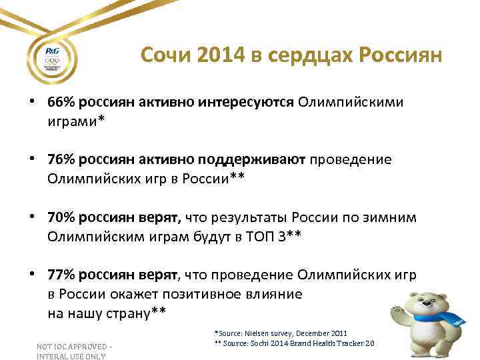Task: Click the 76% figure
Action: tap(60, 160)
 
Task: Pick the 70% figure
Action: tap(60, 217)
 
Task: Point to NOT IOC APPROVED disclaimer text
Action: tap(75, 347)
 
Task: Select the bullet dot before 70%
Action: tap(31, 218)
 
